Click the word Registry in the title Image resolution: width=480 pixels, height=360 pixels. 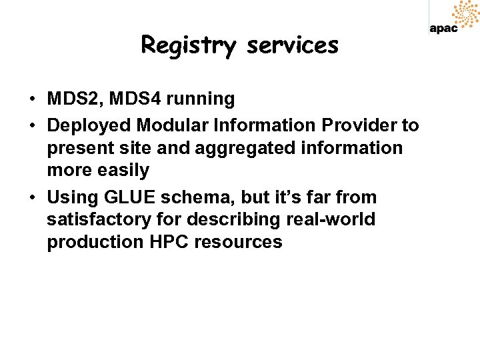[x=188, y=46]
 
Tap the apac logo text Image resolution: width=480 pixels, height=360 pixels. [x=443, y=28]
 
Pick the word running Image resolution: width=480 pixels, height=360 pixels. [x=201, y=99]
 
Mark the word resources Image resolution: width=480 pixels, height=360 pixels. [x=238, y=242]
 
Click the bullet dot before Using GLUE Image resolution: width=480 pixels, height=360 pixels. [x=32, y=198]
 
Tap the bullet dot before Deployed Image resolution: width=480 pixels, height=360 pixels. [x=32, y=125]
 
